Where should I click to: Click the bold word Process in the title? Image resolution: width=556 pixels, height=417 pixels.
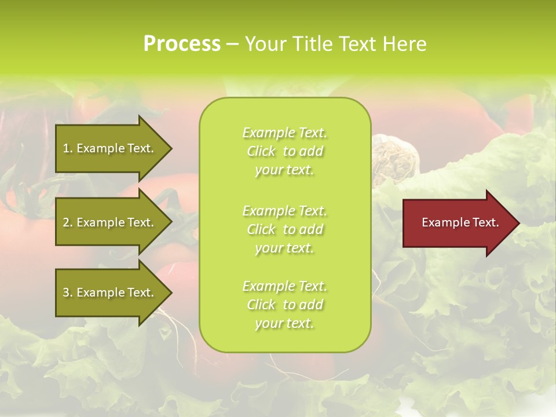pyautogui.click(x=182, y=44)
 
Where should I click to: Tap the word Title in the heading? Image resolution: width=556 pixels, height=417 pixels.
pyautogui.click(x=313, y=44)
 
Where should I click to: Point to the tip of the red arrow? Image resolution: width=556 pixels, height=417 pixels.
pyautogui.click(x=517, y=223)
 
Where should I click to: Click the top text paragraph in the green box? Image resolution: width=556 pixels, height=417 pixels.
pyautogui.click(x=284, y=151)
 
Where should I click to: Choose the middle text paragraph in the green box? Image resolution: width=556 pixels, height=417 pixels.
pyautogui.click(x=284, y=229)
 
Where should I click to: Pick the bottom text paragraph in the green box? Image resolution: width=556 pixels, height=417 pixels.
pyautogui.click(x=284, y=305)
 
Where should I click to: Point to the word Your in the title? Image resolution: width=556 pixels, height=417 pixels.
pyautogui.click(x=265, y=44)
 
